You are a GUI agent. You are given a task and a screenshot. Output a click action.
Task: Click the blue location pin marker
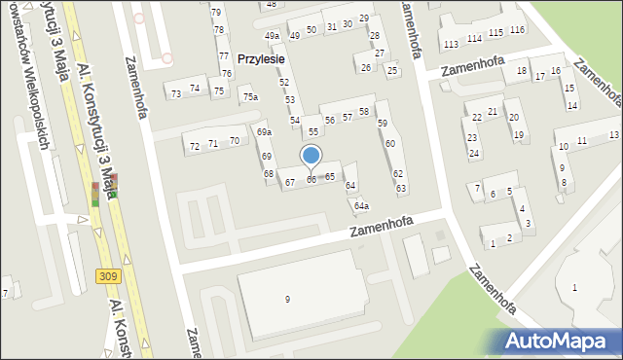click(311, 156)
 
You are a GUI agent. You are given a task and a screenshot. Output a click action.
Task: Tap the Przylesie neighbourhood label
click(261, 58)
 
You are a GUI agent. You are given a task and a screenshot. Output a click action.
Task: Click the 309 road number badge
click(109, 277)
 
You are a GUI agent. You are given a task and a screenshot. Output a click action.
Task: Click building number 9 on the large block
click(287, 299)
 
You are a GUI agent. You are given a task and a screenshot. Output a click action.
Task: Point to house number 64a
click(361, 205)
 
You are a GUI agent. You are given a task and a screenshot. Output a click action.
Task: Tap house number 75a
click(250, 97)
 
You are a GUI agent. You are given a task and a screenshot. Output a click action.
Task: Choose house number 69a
click(264, 131)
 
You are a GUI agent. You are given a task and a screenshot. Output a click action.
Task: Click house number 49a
click(272, 36)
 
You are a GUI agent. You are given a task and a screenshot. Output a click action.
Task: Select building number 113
click(450, 45)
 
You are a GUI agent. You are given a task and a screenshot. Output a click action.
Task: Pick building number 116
click(517, 31)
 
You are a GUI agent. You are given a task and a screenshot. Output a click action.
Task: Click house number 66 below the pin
click(311, 180)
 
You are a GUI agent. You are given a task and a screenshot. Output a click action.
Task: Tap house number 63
click(400, 188)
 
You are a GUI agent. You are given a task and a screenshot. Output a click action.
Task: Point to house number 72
click(195, 146)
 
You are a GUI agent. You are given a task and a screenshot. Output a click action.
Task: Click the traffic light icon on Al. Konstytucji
click(95, 194)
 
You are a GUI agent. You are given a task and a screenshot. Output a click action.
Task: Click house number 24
click(473, 154)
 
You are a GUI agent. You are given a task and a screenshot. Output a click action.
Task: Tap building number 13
click(614, 134)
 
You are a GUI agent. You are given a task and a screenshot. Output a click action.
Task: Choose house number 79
click(216, 12)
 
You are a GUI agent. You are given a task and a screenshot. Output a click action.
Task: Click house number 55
click(313, 131)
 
